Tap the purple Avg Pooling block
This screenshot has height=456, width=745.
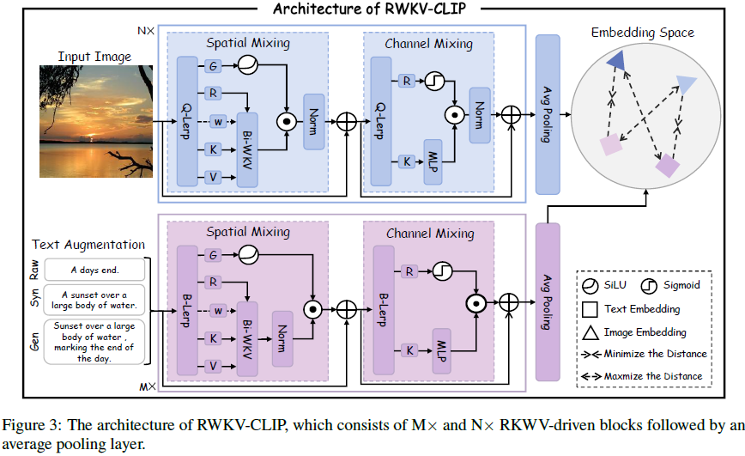pos(548,301)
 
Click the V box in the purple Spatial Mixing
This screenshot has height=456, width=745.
pos(211,367)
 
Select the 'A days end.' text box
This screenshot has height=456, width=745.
pos(94,270)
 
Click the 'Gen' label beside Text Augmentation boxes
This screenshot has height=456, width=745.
pos(34,341)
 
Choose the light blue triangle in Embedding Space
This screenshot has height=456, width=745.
pos(687,83)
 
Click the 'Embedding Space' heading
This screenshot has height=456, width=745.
pos(643,33)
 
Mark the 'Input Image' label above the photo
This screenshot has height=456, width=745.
pos(94,57)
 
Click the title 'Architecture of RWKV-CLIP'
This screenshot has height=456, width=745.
pos(371,9)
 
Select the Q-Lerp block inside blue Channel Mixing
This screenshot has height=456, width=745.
pos(382,121)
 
